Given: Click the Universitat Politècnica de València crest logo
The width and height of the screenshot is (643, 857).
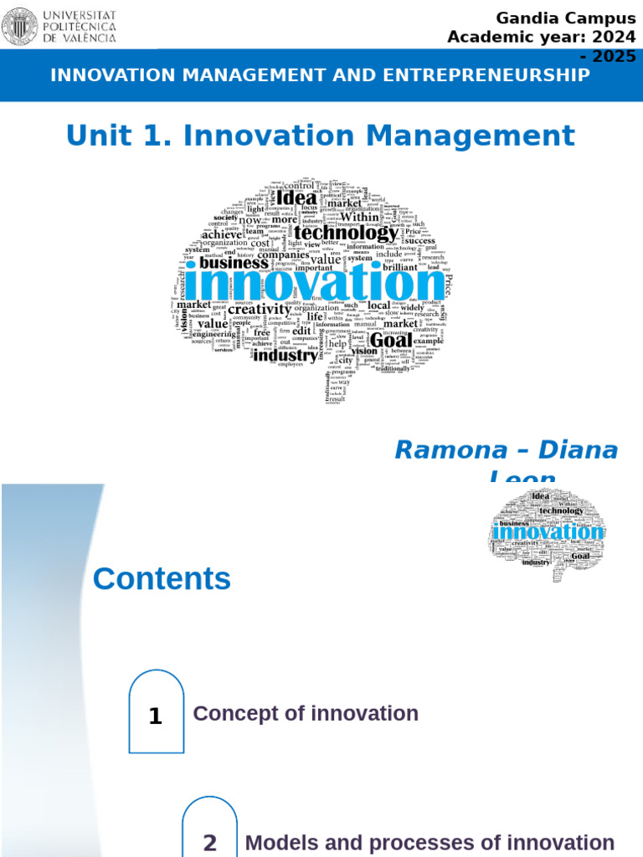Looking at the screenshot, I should pyautogui.click(x=19, y=26).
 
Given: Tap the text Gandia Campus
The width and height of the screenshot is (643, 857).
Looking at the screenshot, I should pyautogui.click(x=565, y=18).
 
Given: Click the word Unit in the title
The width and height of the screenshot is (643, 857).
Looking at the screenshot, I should pyautogui.click(x=94, y=136).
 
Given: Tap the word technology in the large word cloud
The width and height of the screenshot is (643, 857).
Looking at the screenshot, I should pyautogui.click(x=345, y=233).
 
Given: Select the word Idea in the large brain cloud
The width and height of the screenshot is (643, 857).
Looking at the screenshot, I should pyautogui.click(x=296, y=198).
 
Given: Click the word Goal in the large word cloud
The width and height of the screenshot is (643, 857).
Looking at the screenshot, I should pyautogui.click(x=390, y=341).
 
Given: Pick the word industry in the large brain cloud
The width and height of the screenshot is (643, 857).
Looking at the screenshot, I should pyautogui.click(x=285, y=355).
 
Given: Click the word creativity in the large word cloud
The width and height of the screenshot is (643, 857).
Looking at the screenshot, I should pyautogui.click(x=260, y=309).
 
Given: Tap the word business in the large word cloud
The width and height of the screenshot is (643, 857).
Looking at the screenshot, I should pyautogui.click(x=234, y=262).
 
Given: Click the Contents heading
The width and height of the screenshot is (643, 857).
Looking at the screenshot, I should pyautogui.click(x=162, y=578).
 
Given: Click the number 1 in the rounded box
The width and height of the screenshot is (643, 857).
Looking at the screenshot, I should pyautogui.click(x=155, y=716).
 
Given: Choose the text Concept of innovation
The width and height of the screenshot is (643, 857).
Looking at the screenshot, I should pyautogui.click(x=306, y=713).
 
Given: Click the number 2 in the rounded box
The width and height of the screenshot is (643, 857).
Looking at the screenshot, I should pyautogui.click(x=209, y=842).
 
